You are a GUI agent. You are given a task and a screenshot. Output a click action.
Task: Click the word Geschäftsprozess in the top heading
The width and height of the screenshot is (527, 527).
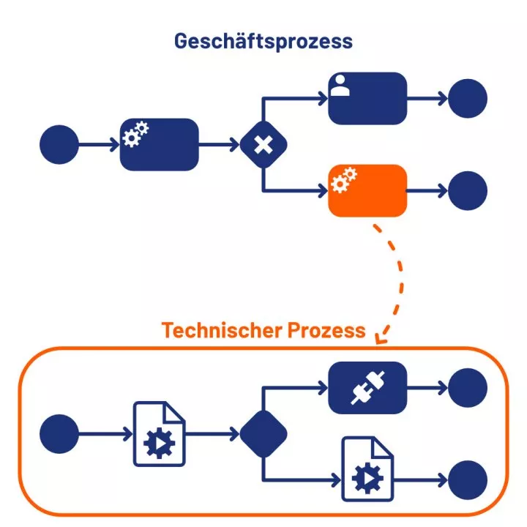263,40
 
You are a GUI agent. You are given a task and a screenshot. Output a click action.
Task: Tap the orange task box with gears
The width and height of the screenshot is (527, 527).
367,190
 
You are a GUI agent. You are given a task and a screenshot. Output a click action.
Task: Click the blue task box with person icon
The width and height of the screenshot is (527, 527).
367,98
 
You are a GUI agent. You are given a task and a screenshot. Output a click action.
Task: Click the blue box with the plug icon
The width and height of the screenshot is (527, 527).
367,386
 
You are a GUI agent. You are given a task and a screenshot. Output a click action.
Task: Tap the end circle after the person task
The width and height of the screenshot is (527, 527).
468,98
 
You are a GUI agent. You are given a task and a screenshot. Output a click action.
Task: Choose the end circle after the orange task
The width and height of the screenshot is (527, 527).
468,190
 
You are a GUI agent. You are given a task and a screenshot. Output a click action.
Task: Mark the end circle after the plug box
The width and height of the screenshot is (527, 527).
468,386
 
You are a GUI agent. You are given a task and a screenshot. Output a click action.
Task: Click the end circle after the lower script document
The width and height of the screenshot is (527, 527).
468,480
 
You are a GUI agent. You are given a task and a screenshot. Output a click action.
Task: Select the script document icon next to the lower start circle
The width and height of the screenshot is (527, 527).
159,433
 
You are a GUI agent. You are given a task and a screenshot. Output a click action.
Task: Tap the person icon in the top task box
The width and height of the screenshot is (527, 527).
339,86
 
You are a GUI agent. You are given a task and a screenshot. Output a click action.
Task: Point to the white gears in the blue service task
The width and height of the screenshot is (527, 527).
135,134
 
